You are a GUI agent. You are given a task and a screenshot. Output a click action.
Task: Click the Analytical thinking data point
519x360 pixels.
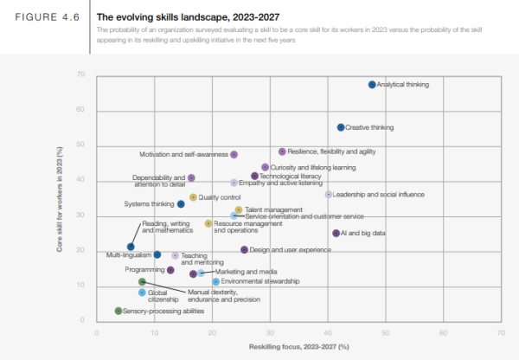click(372, 85)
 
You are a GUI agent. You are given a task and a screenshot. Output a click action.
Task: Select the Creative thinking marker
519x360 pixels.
click(341, 127)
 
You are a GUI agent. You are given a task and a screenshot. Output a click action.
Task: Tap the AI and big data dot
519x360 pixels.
click(336, 233)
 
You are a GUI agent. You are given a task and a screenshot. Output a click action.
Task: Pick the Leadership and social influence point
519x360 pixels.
click(328, 195)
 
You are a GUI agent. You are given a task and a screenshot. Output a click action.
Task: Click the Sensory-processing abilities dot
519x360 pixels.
click(119, 310)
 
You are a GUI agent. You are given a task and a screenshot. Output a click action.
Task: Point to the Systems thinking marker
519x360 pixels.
click(181, 204)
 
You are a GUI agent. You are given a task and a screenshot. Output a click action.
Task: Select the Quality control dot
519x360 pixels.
click(193, 197)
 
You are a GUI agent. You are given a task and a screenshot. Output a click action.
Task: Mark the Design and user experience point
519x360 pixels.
click(245, 249)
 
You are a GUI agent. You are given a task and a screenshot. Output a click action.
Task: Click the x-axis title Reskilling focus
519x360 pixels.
click(298, 346)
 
